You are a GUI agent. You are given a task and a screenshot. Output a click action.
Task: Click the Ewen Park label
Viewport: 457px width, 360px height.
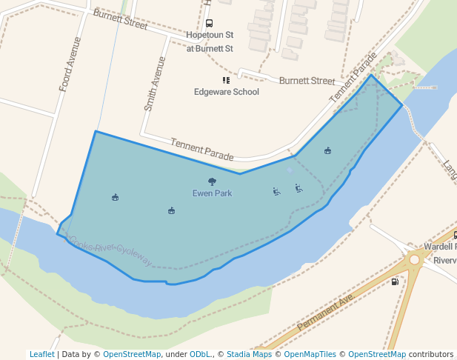212,193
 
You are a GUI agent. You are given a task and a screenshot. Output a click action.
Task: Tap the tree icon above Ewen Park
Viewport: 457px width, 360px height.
212,181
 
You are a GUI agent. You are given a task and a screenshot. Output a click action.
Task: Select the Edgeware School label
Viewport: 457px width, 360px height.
227,92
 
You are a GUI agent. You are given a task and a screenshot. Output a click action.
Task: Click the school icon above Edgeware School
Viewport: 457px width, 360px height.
226,80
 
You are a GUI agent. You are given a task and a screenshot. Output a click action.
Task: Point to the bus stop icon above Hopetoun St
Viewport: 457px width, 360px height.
210,24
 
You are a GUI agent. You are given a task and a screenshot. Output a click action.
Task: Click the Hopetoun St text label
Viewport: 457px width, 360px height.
210,35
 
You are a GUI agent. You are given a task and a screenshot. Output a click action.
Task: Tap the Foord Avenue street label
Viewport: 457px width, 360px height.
70,64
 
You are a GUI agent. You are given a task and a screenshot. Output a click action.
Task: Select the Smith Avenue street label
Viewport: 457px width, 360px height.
154,84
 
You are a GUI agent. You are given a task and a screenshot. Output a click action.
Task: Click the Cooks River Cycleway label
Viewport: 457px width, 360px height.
111,250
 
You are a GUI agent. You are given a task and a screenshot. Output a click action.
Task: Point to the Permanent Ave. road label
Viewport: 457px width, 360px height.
327,312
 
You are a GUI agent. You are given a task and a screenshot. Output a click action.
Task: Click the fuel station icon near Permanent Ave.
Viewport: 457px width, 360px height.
395,281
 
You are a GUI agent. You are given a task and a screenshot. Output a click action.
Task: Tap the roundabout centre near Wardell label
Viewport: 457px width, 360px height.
414,259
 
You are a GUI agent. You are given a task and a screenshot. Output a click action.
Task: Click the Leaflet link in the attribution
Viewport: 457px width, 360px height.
42,354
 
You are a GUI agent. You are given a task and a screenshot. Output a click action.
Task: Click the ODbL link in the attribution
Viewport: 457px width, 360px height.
199,354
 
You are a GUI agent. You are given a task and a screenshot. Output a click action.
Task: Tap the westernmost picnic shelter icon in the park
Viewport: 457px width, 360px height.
115,197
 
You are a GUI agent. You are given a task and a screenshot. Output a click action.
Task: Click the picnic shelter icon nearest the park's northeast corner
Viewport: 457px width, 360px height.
327,151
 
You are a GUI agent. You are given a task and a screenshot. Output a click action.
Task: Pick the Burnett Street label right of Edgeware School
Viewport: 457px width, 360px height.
307,80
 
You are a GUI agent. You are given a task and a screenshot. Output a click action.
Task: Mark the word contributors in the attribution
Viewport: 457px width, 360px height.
431,354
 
